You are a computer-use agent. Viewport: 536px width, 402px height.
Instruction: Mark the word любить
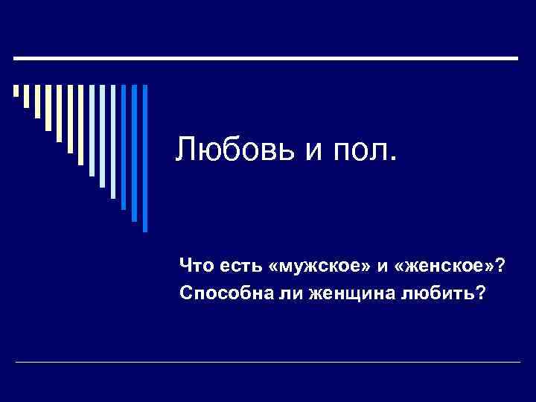[x=435, y=295]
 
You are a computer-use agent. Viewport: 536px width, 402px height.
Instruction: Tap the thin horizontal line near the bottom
[x=268, y=362]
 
